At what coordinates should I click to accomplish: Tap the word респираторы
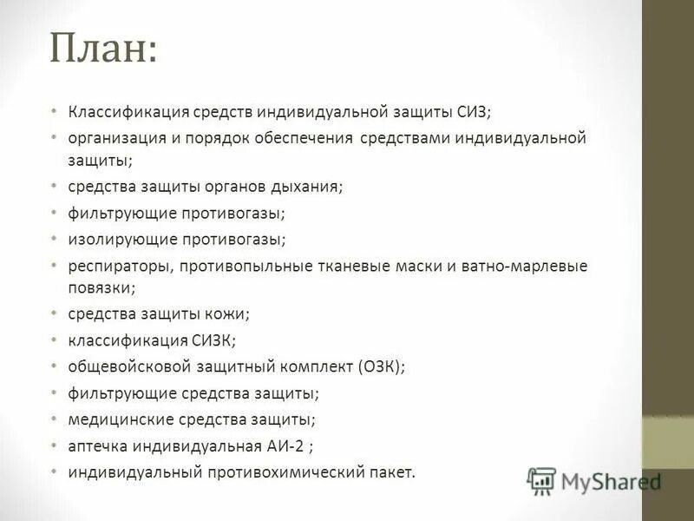[121, 266]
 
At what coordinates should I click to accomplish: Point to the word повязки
[100, 287]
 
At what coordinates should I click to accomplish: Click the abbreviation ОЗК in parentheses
[377, 367]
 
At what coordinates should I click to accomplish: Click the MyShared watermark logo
[595, 480]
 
